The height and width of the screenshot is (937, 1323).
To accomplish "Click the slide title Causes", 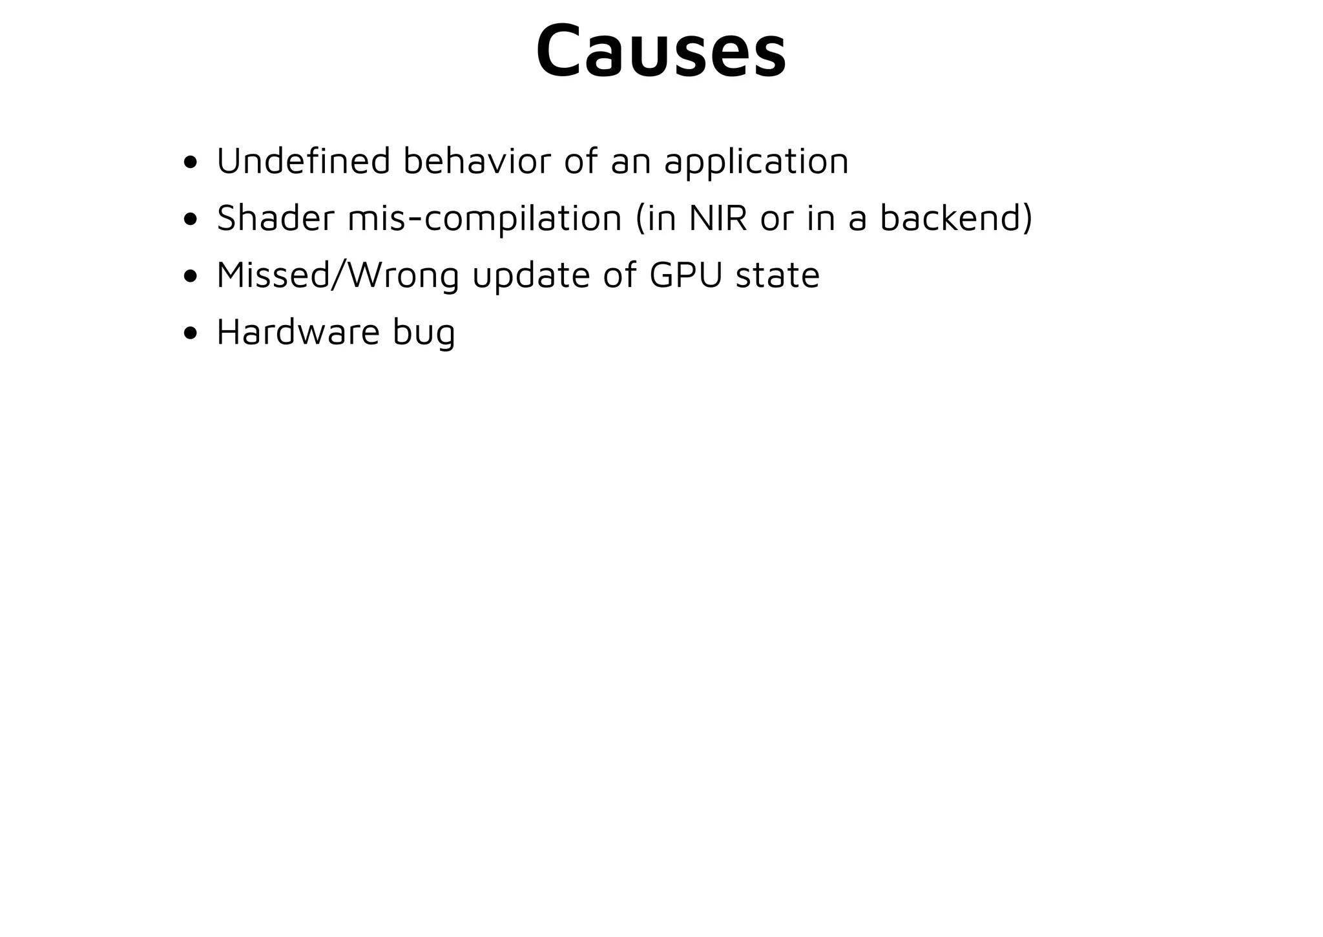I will (661, 52).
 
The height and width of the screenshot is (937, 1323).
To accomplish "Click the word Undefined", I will (303, 161).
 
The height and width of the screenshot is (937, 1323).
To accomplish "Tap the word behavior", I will (477, 161).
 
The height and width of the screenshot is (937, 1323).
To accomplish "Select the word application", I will (756, 162).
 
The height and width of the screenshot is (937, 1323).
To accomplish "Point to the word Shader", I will (275, 218).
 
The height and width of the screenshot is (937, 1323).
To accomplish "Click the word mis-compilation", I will (484, 219).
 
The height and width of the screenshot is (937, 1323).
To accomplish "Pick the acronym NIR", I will (718, 218).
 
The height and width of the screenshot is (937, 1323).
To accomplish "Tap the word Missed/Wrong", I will (337, 275).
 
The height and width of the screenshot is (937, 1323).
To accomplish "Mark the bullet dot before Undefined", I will (190, 163).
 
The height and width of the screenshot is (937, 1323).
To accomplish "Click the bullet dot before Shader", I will (190, 220).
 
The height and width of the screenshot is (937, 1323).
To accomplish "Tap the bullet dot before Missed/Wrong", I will (190, 277).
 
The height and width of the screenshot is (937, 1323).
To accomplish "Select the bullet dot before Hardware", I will (190, 333).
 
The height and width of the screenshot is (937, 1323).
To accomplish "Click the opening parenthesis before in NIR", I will (640, 218).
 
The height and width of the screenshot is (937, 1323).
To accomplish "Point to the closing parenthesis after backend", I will (1028, 218).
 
